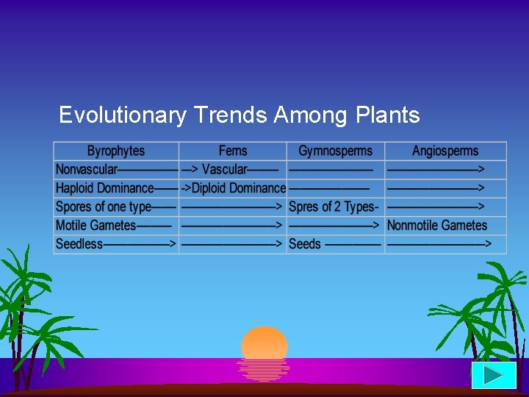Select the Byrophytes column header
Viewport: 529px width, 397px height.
click(116, 151)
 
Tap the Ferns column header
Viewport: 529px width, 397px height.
click(233, 151)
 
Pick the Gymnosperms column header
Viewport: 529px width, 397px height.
click(335, 151)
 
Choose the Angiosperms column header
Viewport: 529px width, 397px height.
click(445, 151)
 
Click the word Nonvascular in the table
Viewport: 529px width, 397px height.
click(87, 170)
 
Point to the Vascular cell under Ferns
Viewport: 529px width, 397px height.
click(224, 170)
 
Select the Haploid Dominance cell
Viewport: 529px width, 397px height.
click(105, 188)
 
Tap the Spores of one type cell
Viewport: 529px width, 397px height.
click(104, 207)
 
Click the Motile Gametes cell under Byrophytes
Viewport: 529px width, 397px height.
click(96, 226)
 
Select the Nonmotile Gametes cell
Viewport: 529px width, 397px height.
click(437, 226)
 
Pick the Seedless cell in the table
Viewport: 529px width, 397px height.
click(79, 244)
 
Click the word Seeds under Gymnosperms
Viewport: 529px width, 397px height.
click(305, 244)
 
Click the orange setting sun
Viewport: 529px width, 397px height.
click(264, 342)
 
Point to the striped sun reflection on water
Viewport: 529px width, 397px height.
click(264, 369)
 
